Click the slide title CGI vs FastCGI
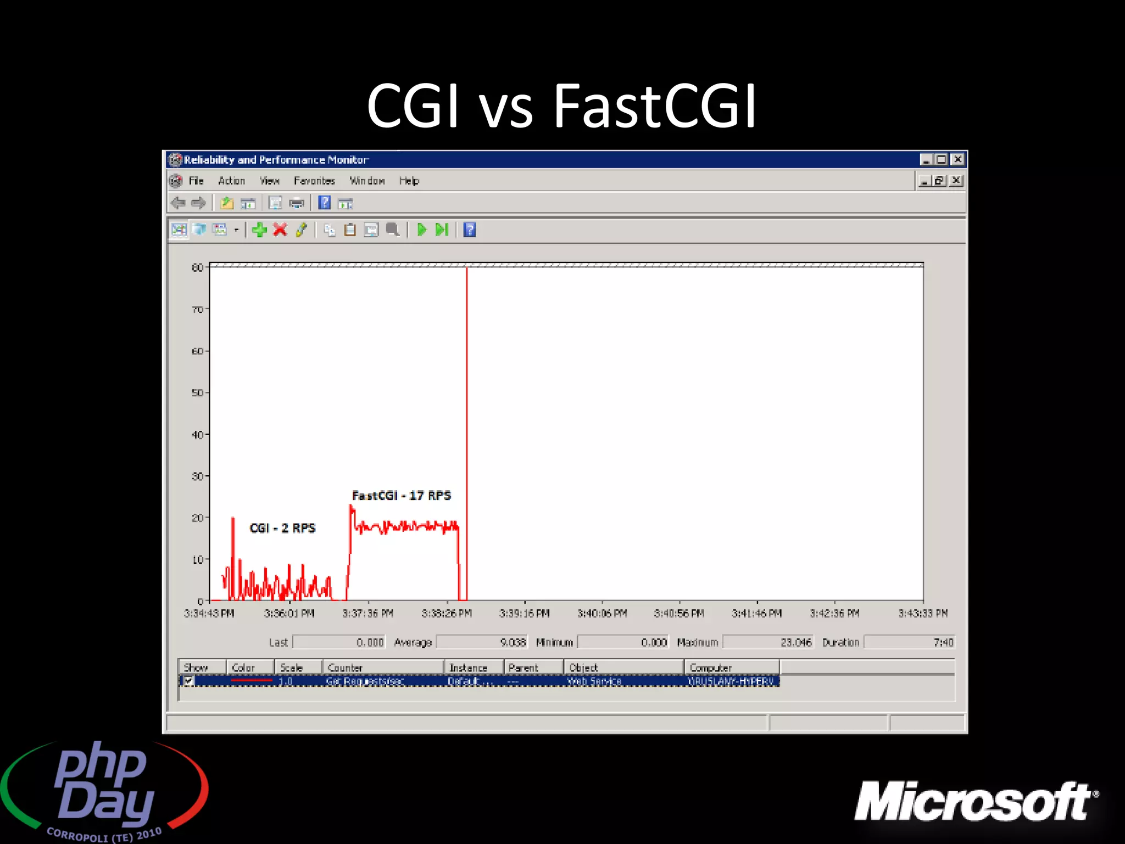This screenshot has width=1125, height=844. coord(561,105)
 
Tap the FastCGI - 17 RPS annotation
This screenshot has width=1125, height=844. coord(402,496)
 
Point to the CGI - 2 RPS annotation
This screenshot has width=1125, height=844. coord(282,528)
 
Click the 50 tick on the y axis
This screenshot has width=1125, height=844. coord(197,393)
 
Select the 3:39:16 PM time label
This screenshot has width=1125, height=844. coord(524,613)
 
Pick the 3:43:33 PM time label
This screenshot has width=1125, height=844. coord(923,613)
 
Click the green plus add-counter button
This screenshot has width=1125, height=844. coord(259,230)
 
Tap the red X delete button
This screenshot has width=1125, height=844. coord(280,230)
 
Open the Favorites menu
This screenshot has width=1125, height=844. coord(314,181)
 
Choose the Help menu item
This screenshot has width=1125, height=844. coord(409,181)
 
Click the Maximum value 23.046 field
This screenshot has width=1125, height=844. coord(767,642)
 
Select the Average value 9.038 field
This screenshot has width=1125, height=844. coord(482,642)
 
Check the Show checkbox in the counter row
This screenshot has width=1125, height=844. coord(188,681)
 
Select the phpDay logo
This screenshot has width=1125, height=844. coord(104,789)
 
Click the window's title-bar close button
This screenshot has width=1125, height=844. coord(958,159)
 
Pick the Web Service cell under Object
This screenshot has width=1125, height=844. coord(594,681)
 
